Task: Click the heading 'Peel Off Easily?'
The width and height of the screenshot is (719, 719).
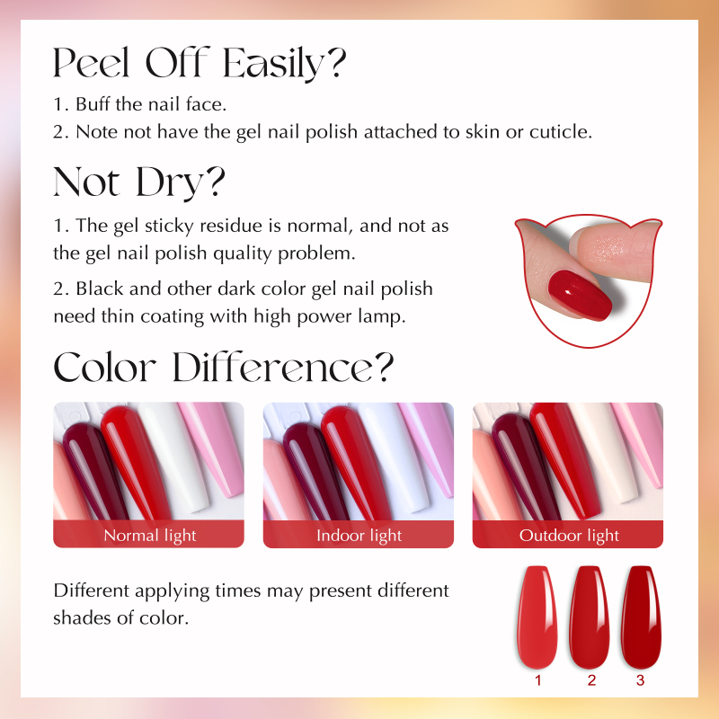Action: point(200,63)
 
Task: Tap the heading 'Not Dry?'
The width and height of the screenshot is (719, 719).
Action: point(139,182)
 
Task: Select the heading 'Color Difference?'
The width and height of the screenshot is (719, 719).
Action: point(223,368)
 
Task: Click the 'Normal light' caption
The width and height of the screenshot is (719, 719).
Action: point(150,535)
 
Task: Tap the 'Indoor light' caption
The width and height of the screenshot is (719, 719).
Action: point(359,535)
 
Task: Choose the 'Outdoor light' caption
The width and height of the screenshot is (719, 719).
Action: point(569,535)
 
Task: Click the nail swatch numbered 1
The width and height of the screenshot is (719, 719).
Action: point(537,617)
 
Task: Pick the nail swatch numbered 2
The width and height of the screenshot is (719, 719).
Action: point(590,617)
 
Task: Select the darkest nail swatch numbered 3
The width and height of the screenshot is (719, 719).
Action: point(641,617)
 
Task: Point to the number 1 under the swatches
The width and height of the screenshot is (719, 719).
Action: point(538,680)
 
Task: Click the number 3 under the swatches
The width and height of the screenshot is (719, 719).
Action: point(641,680)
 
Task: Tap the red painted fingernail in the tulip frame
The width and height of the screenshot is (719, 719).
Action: point(580,295)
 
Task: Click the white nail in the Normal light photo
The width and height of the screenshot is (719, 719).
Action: point(174,458)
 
